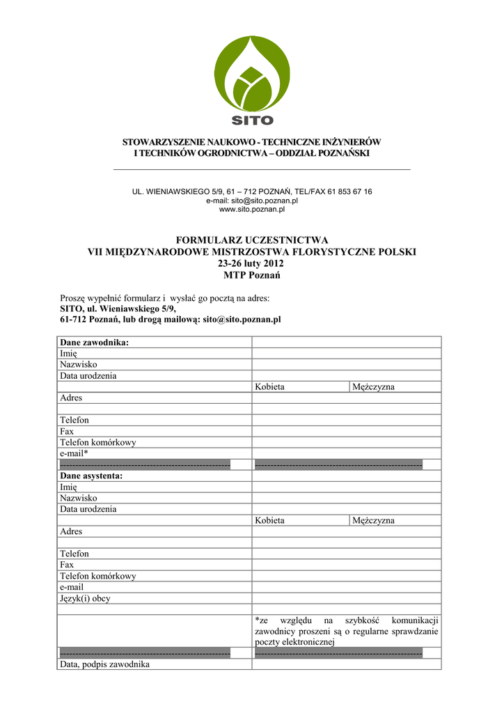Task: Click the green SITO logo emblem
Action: [x=251, y=73]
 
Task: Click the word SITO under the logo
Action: [x=252, y=120]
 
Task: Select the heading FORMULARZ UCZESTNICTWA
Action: [x=251, y=240]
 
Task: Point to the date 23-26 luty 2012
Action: [x=251, y=263]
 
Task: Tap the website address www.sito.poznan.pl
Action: [x=252, y=209]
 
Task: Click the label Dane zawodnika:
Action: [x=95, y=342]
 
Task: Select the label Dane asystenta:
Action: [x=91, y=476]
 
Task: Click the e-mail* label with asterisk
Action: [x=74, y=453]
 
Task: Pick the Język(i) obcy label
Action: [x=85, y=598]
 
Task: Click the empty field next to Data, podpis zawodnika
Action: [x=346, y=664]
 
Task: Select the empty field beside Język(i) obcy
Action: [x=346, y=598]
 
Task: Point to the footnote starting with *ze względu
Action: [x=346, y=631]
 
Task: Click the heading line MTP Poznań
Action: [x=251, y=275]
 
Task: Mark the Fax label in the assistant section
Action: [x=67, y=565]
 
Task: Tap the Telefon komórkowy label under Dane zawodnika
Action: [x=97, y=442]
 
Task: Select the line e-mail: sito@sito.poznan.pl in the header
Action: [x=252, y=200]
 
